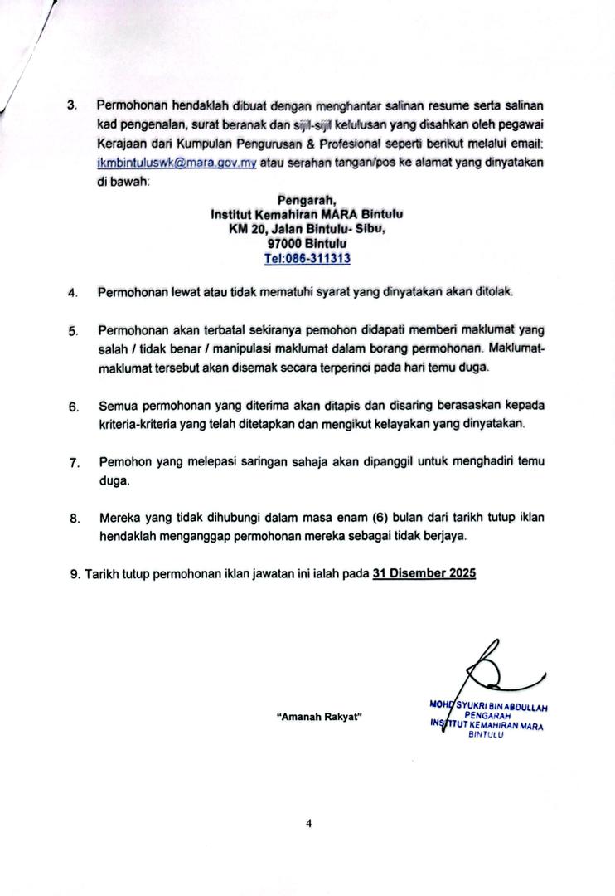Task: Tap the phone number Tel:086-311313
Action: (x=307, y=258)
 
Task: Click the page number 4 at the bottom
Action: (x=308, y=824)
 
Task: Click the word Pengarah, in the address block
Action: (x=307, y=199)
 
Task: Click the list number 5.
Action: (x=73, y=331)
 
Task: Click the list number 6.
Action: (x=73, y=407)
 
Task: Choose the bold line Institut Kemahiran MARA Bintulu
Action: (x=307, y=213)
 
